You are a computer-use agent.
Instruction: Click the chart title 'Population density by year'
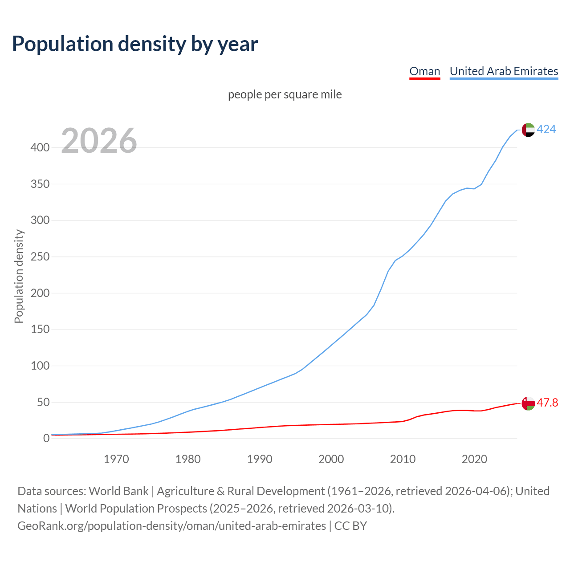(135, 44)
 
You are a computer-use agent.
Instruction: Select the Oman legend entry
(424, 71)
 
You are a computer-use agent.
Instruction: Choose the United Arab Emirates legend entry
(504, 71)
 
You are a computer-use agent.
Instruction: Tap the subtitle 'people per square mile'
(285, 94)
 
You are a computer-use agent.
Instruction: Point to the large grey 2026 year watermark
(99, 141)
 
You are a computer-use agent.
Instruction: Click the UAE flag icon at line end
(528, 130)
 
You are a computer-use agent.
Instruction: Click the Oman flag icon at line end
(528, 403)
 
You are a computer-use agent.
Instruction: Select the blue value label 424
(546, 130)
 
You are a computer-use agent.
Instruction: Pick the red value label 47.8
(547, 403)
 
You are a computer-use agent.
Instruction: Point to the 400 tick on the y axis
(40, 147)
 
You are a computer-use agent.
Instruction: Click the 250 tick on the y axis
(40, 257)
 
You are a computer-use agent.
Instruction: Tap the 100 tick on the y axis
(40, 366)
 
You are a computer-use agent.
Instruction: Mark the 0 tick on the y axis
(46, 439)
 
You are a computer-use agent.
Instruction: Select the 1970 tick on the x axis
(116, 459)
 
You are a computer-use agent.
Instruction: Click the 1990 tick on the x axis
(260, 459)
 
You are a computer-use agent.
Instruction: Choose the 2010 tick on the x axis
(403, 459)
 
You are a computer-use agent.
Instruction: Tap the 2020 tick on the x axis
(474, 459)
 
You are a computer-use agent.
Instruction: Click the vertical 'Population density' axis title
(19, 276)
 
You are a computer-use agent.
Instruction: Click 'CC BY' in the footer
(350, 526)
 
